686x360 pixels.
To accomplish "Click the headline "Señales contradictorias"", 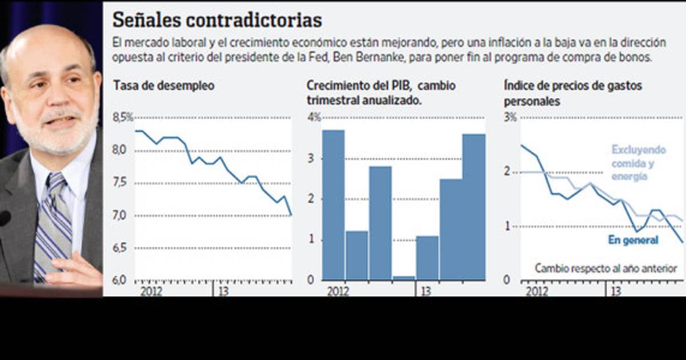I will tap(217, 20).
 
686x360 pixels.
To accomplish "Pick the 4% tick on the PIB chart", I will tap(314, 117).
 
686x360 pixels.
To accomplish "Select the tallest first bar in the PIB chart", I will tap(333, 205).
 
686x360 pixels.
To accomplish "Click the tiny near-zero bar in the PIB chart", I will tap(404, 278).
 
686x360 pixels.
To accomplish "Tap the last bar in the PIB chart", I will tap(474, 207).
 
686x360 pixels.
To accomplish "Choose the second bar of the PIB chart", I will tap(357, 255).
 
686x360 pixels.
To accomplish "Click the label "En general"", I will tap(633, 241).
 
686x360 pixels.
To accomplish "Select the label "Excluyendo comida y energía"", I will tap(639, 163).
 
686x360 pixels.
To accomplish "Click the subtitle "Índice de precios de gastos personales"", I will tap(573, 93).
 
